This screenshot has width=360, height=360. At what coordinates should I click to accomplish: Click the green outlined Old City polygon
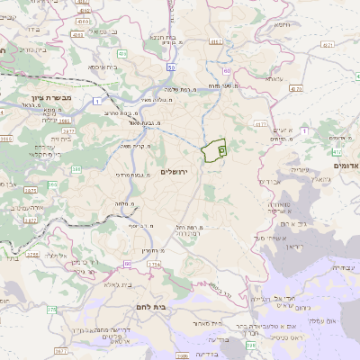click(214, 150)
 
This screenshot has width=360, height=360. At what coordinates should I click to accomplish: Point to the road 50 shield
click(171, 67)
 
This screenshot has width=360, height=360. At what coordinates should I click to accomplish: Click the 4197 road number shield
click(216, 41)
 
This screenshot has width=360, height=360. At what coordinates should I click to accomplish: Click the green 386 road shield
click(76, 168)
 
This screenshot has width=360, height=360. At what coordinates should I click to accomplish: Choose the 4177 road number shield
click(262, 124)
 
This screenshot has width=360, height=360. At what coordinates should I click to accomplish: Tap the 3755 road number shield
click(33, 255)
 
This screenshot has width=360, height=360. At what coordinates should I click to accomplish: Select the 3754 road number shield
click(154, 265)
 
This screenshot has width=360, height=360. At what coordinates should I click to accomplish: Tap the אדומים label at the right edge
click(346, 165)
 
